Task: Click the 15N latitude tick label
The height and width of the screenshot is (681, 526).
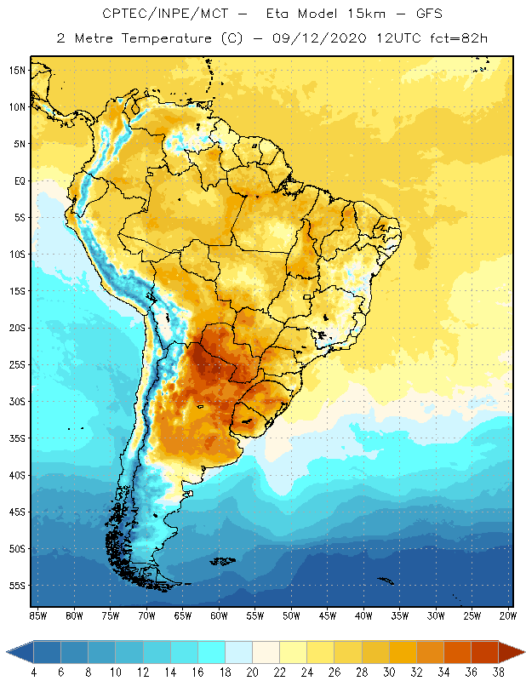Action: click(x=17, y=70)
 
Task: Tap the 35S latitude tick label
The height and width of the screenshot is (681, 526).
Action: click(x=17, y=438)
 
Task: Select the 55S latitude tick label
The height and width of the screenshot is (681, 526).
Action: click(x=17, y=586)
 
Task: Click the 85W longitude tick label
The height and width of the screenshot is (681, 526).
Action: click(x=37, y=615)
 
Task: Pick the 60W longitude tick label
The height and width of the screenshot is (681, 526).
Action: click(x=219, y=615)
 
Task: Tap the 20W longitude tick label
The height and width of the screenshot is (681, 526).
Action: click(x=508, y=615)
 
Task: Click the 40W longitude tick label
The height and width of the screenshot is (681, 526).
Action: click(x=363, y=615)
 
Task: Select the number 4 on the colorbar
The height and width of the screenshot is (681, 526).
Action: click(x=33, y=672)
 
